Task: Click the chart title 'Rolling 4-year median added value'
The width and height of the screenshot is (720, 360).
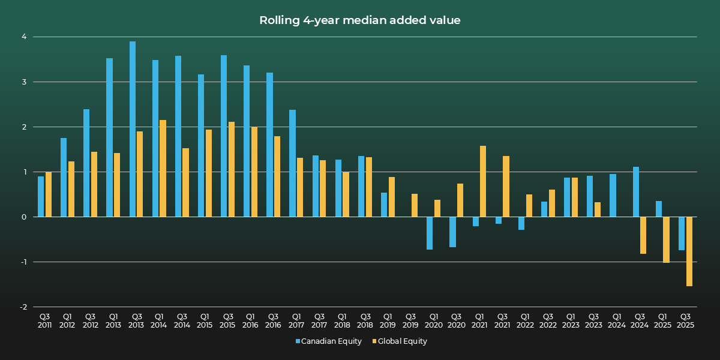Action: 360,20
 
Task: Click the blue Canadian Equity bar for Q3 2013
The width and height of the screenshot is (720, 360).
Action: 133,129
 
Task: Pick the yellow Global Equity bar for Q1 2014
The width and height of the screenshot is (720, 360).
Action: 163,169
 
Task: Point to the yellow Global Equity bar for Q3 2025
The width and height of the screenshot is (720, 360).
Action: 689,251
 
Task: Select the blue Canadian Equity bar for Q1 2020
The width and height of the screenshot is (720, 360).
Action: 430,233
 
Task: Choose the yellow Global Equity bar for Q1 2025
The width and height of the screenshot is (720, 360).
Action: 666,239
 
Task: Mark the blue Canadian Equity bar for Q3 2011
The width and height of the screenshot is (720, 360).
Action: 41,197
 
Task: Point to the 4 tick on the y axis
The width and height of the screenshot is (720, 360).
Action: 25,37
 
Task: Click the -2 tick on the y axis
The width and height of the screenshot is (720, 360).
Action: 23,307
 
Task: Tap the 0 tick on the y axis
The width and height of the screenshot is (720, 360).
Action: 25,217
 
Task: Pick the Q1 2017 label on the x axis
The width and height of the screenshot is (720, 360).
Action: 296,320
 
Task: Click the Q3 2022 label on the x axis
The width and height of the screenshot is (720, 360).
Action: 547,320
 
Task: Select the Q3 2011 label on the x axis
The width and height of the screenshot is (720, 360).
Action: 44,320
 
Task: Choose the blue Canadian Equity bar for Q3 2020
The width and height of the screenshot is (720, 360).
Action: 452,232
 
